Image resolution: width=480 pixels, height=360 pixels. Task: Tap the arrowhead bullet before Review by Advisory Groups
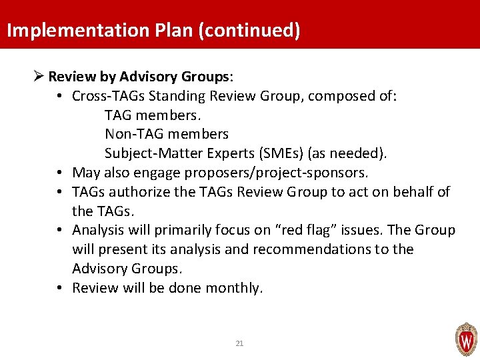click(38, 77)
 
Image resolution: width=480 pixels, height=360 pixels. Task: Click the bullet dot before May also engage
click(60, 173)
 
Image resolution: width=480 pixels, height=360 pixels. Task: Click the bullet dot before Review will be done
click(60, 288)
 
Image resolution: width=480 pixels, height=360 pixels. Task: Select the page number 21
click(240, 343)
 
